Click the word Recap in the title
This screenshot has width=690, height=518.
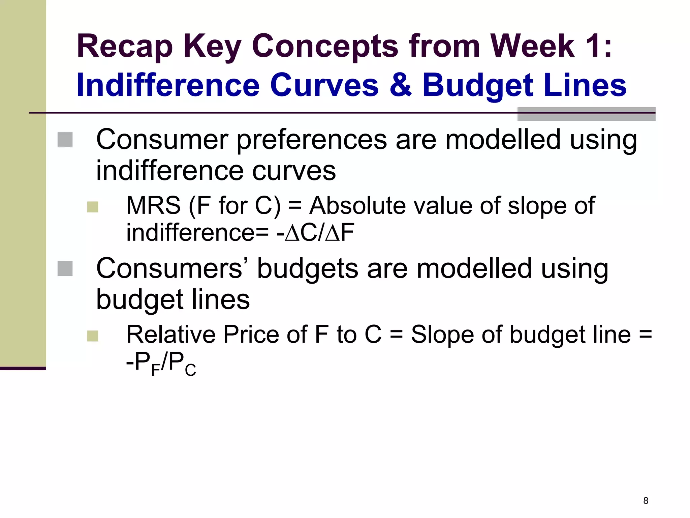coord(125,47)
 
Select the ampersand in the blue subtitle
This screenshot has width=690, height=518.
coord(400,85)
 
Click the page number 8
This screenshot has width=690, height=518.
coord(646,500)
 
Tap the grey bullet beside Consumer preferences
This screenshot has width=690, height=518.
coord(65,140)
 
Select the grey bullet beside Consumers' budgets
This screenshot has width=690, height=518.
coord(65,268)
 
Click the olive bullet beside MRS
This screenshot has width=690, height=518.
coord(92,207)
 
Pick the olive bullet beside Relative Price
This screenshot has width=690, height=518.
coord(92,336)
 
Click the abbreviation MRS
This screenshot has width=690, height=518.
coord(153,205)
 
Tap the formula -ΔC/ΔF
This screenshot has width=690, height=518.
coord(315,232)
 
